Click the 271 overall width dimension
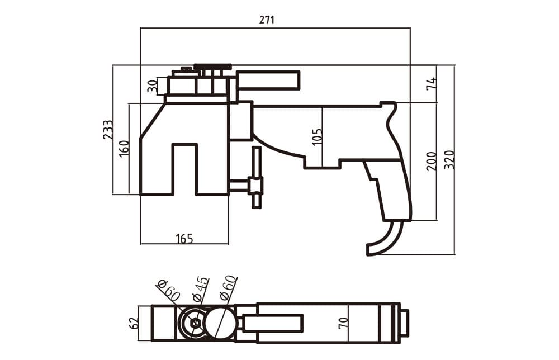[267, 20]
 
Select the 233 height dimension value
[108, 130]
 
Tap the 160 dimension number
[124, 149]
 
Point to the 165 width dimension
[184, 239]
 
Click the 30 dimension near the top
[152, 86]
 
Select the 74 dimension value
[431, 84]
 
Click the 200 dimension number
[431, 161]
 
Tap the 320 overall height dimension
[449, 160]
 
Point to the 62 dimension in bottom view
[133, 323]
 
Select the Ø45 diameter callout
[200, 288]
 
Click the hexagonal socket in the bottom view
[195, 323]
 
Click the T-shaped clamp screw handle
[257, 178]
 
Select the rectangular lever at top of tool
[268, 80]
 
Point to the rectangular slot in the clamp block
[184, 169]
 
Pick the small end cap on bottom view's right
[404, 323]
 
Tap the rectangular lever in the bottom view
[273, 323]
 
